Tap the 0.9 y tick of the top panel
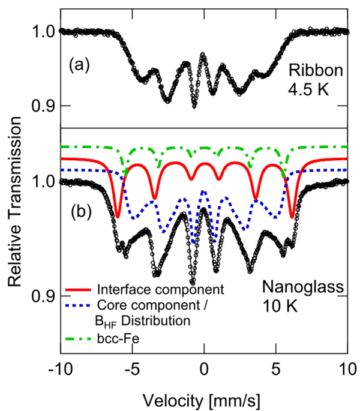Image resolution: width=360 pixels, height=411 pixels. coord(44,106)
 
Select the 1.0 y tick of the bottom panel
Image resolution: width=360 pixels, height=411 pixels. coord(44,181)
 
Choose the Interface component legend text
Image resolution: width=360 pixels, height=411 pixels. coord(158,289)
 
